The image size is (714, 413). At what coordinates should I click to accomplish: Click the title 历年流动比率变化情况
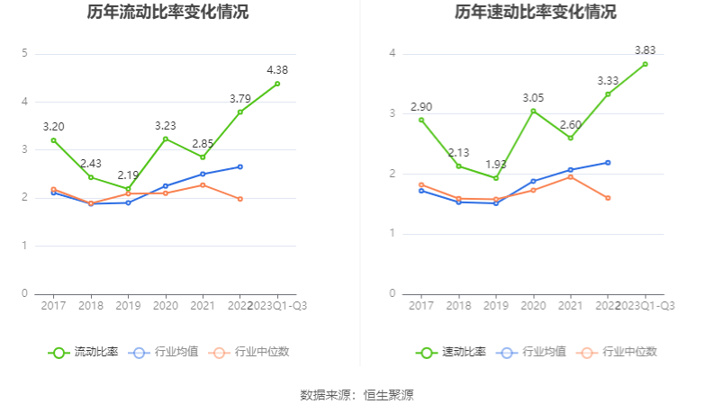coord(168,13)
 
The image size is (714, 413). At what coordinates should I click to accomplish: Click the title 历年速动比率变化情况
coord(536,13)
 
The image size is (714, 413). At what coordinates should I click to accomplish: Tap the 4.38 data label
coord(277,70)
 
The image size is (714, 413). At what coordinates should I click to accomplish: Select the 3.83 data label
coord(645,50)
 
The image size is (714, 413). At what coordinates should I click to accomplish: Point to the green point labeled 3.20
coord(53,140)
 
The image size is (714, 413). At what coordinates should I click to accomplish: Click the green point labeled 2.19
coord(128,189)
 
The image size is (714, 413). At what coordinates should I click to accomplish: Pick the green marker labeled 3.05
coord(533,111)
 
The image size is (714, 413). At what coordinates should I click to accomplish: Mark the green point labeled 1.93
coord(495,178)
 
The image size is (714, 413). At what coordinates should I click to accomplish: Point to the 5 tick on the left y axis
coord(25,54)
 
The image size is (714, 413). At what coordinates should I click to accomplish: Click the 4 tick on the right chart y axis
coord(393,54)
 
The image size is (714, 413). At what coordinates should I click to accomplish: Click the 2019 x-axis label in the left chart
coord(128,306)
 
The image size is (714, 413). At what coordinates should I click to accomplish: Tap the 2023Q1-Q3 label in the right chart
coord(645,306)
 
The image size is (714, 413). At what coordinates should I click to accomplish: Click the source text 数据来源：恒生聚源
coord(357,395)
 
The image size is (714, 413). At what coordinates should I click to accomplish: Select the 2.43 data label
coord(91,164)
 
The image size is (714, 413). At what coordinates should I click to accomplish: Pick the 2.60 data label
coord(570,124)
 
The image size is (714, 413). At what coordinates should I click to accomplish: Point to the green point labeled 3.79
coord(240,112)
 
